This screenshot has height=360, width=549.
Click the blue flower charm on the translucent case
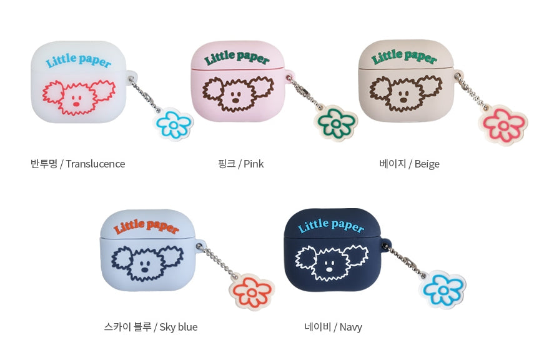tap(173, 124)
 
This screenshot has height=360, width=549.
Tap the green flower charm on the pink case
tap(335, 122)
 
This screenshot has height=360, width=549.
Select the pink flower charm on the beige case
tap(503, 125)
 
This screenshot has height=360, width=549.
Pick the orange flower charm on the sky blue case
tap(252, 292)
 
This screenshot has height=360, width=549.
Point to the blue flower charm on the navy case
tap(443, 290)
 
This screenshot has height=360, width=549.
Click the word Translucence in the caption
tap(95, 164)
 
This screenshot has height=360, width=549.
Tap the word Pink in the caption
tap(254, 164)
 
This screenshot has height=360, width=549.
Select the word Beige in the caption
tap(427, 164)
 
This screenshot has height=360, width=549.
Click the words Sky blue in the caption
tap(178, 327)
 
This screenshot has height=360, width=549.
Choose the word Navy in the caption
tap(351, 327)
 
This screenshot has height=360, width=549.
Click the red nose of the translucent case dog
tap(76, 104)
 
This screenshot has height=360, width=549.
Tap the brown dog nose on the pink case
tap(236, 100)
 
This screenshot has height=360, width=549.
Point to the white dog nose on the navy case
tap(329, 269)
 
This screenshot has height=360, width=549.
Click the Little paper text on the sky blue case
tap(146, 226)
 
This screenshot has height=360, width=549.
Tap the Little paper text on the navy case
tap(330, 226)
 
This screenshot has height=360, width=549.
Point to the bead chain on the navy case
tap(405, 260)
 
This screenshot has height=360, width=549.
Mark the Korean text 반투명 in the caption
tap(44, 164)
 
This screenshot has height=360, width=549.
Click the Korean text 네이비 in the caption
tap(317, 327)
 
